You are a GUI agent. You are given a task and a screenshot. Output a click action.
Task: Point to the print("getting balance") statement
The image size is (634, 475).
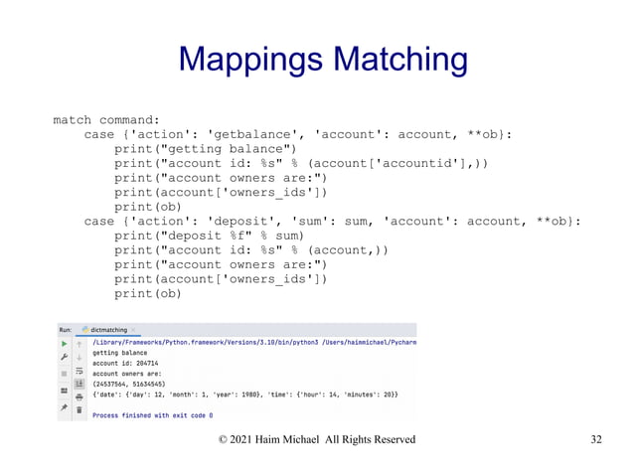tap(200, 148)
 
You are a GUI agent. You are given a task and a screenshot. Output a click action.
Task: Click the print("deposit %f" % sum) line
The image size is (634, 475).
tap(209, 236)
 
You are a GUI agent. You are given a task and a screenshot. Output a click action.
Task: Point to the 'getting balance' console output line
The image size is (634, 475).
tap(120, 352)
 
